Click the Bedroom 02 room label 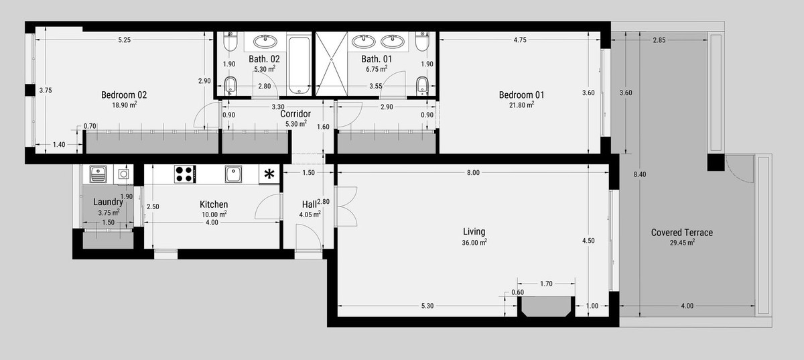point(124,95)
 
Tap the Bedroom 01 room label point(521,95)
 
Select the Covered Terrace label point(682,233)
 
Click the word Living point(474,232)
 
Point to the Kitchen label point(214,204)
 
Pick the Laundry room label point(108,202)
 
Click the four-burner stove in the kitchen point(185,174)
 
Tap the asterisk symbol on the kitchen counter point(269,174)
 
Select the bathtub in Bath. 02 point(299,64)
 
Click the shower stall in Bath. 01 point(332,64)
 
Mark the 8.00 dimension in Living point(473,172)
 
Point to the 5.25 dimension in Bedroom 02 point(124,40)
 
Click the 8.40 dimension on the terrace point(640,174)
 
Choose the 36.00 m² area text point(474,243)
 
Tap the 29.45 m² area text point(682,243)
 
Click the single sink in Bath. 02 point(265,42)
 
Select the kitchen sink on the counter point(233,174)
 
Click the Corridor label point(295,114)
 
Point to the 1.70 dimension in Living point(546,284)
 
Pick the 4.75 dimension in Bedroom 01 point(520,40)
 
